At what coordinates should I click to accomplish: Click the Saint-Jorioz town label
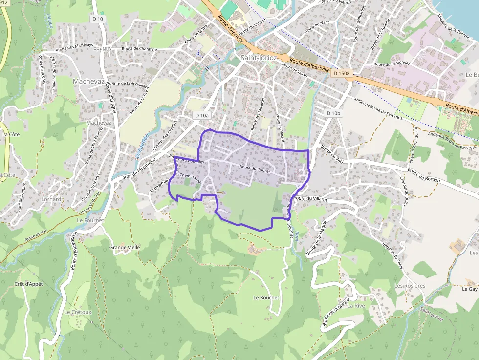259,58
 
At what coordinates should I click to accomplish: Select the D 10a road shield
201,115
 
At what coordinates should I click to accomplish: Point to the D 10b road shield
333,113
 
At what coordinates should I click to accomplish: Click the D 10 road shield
98,19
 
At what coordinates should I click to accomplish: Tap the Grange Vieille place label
125,247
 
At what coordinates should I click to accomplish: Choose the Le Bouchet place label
266,297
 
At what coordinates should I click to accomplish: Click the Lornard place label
51,199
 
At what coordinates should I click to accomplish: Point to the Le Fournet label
90,220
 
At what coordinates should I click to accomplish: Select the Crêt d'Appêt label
29,284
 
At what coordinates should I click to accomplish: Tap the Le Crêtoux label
78,312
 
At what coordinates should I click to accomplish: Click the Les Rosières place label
410,285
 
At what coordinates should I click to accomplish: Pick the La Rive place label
356,306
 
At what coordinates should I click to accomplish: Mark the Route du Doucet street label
255,168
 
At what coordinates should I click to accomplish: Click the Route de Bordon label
424,176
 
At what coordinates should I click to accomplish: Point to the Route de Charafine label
139,49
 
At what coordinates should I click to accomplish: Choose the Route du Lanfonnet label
392,64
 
